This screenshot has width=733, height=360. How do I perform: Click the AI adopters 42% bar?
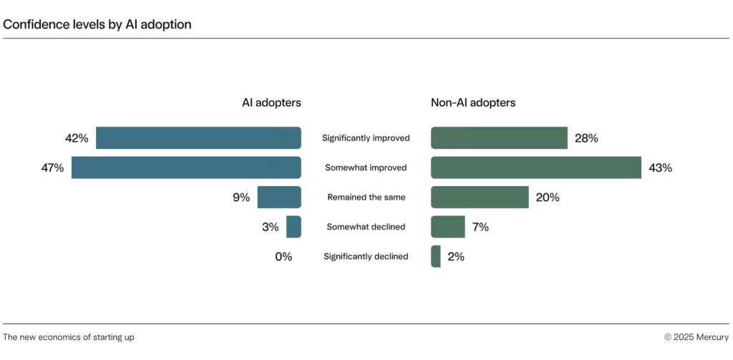tap(198, 138)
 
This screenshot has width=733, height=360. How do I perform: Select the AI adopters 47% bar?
tap(186, 167)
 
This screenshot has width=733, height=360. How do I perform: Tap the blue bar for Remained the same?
tap(279, 197)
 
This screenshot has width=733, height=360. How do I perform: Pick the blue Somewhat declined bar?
tap(293, 227)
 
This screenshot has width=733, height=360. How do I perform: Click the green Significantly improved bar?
tap(499, 138)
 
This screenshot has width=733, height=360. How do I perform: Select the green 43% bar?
tap(535, 167)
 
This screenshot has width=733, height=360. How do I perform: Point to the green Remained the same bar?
tap(480, 197)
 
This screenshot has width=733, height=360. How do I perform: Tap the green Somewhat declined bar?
tap(447, 227)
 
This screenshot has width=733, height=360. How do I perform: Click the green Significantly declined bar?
tap(436, 256)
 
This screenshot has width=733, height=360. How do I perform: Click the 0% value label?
tap(283, 256)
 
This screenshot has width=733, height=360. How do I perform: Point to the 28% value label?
tap(586, 138)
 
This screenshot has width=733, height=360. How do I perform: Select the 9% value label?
tap(241, 197)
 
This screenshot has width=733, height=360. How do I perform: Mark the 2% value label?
tap(456, 256)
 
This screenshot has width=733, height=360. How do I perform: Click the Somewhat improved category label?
tap(366, 167)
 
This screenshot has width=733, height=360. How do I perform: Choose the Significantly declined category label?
tap(366, 256)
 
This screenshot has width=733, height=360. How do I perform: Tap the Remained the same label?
tap(366, 197)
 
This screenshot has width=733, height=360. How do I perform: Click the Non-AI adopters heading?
tap(472, 102)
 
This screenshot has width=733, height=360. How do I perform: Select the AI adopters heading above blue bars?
tap(271, 102)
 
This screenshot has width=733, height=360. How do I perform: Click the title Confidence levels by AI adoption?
tap(97, 24)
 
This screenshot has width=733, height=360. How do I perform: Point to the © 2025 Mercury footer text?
tap(696, 337)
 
